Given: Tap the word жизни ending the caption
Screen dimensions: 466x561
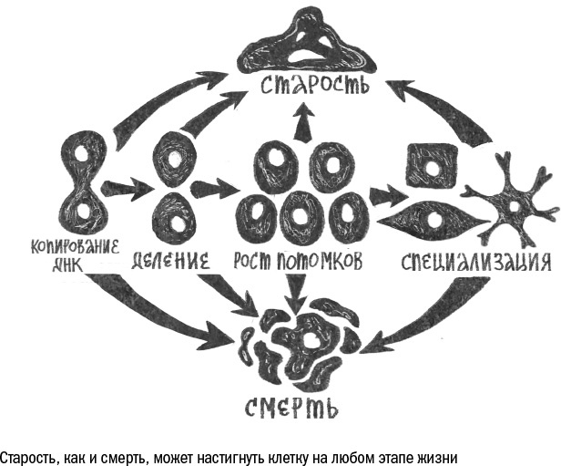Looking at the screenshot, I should (427, 455).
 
